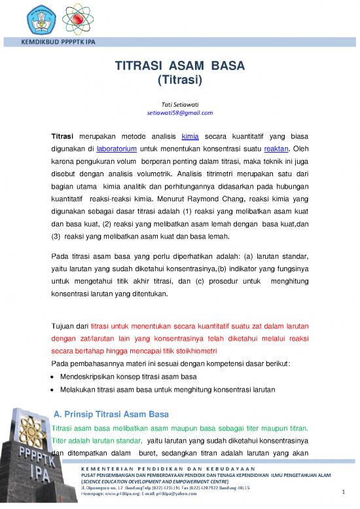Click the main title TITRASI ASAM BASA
pos(179,67)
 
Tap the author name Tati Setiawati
pos(179,104)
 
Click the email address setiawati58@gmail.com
pos(179,113)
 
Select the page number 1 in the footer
pos(343,493)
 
